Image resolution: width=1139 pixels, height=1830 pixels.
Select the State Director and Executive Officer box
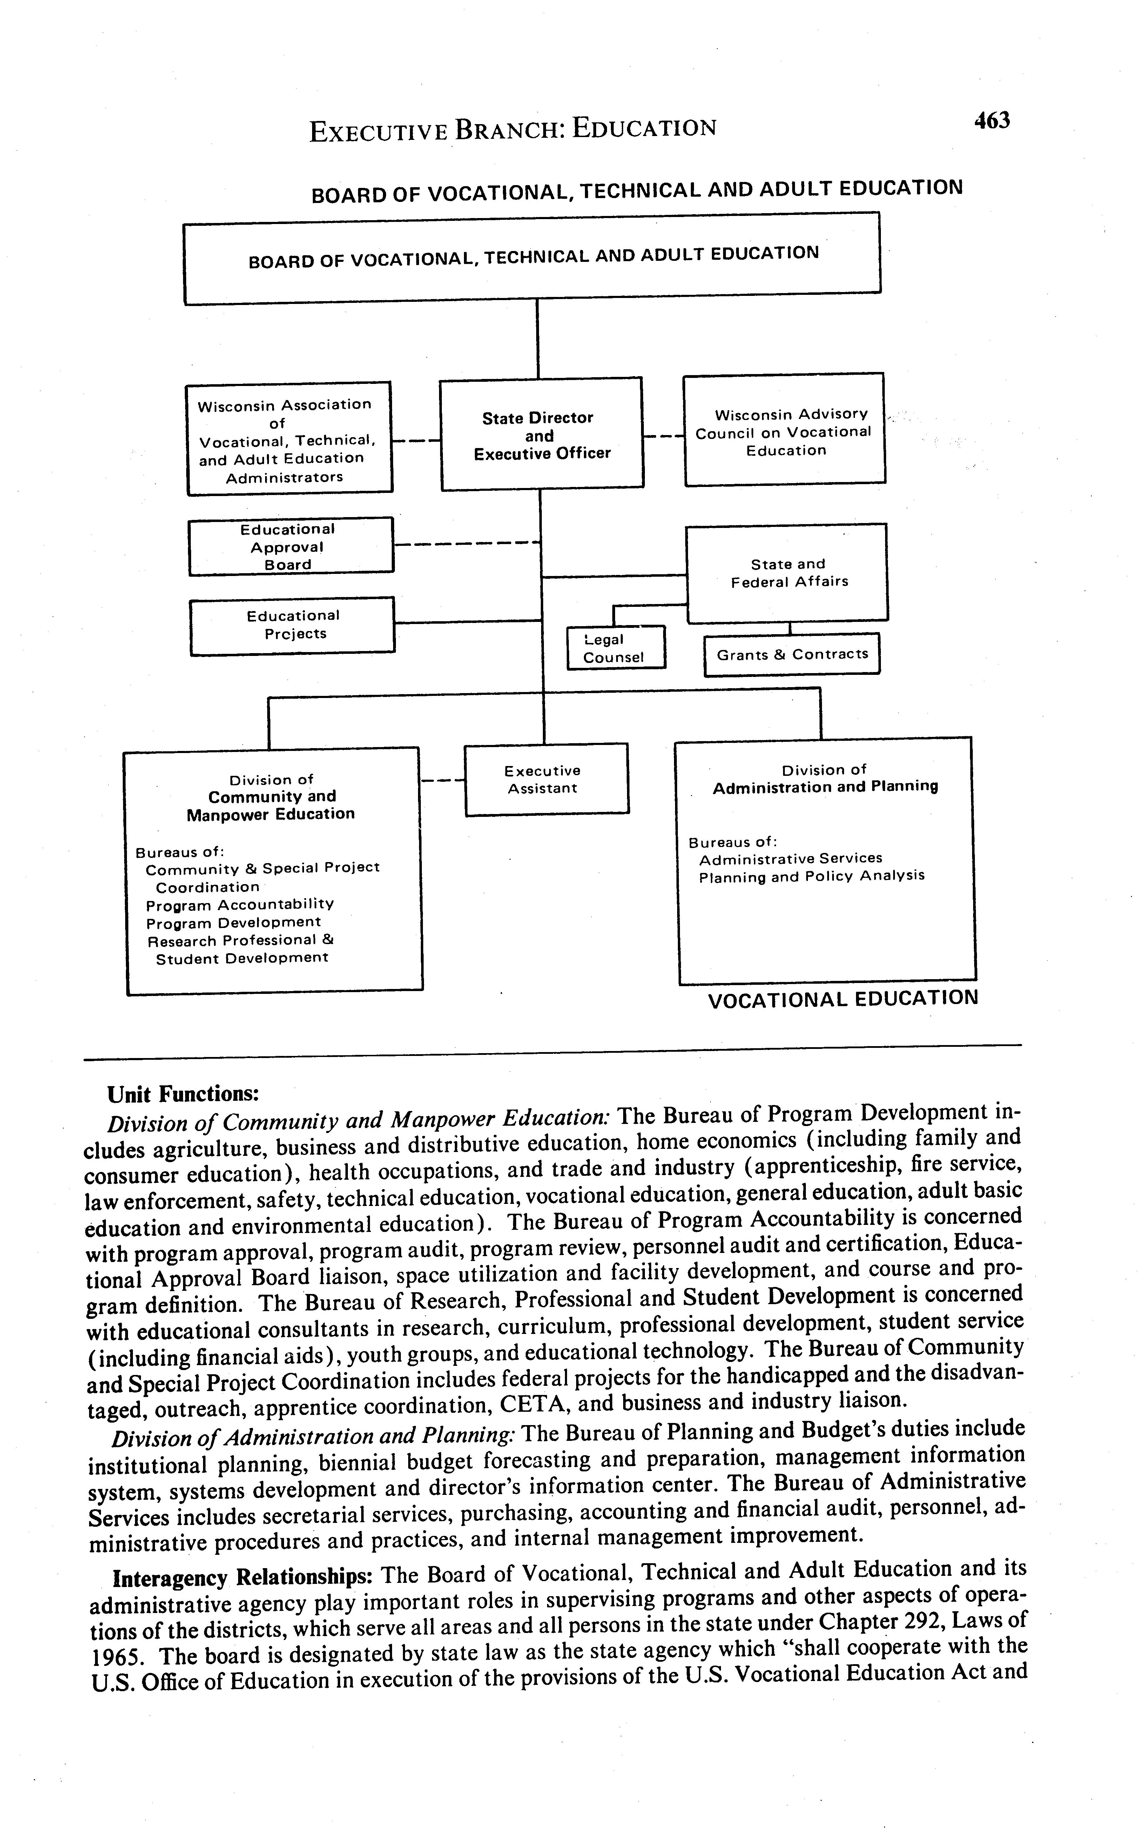click(541, 434)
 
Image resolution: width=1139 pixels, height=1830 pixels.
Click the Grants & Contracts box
click(792, 655)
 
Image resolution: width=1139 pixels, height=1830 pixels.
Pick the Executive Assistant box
click(546, 779)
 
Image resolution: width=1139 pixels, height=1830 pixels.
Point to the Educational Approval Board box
click(290, 547)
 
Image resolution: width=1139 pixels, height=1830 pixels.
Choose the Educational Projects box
click(292, 625)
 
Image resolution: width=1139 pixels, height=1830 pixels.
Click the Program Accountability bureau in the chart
click(240, 904)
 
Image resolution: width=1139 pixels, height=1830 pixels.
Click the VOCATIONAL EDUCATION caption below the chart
click(843, 998)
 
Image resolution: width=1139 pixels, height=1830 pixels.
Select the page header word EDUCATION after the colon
click(644, 128)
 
